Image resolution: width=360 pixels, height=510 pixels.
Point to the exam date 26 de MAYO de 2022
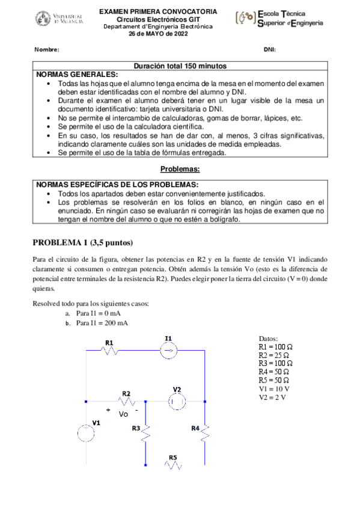point(158,34)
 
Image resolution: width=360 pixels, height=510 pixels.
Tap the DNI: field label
point(270,49)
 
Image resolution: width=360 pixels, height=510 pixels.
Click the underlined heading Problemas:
point(180,170)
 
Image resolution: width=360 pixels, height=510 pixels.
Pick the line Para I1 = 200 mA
point(102,323)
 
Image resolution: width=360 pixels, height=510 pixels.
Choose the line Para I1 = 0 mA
point(97,313)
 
